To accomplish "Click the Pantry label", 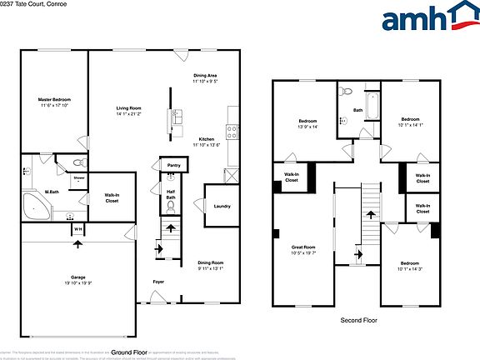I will click(173, 166).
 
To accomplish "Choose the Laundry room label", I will click(222, 207).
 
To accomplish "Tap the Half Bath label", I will click(170, 193).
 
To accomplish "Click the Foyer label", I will click(158, 282).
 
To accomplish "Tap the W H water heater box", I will click(77, 230).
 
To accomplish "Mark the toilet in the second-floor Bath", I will click(348, 92).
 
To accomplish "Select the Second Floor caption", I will click(359, 320).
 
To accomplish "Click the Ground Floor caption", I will click(129, 353).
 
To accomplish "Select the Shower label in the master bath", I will click(78, 177).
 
